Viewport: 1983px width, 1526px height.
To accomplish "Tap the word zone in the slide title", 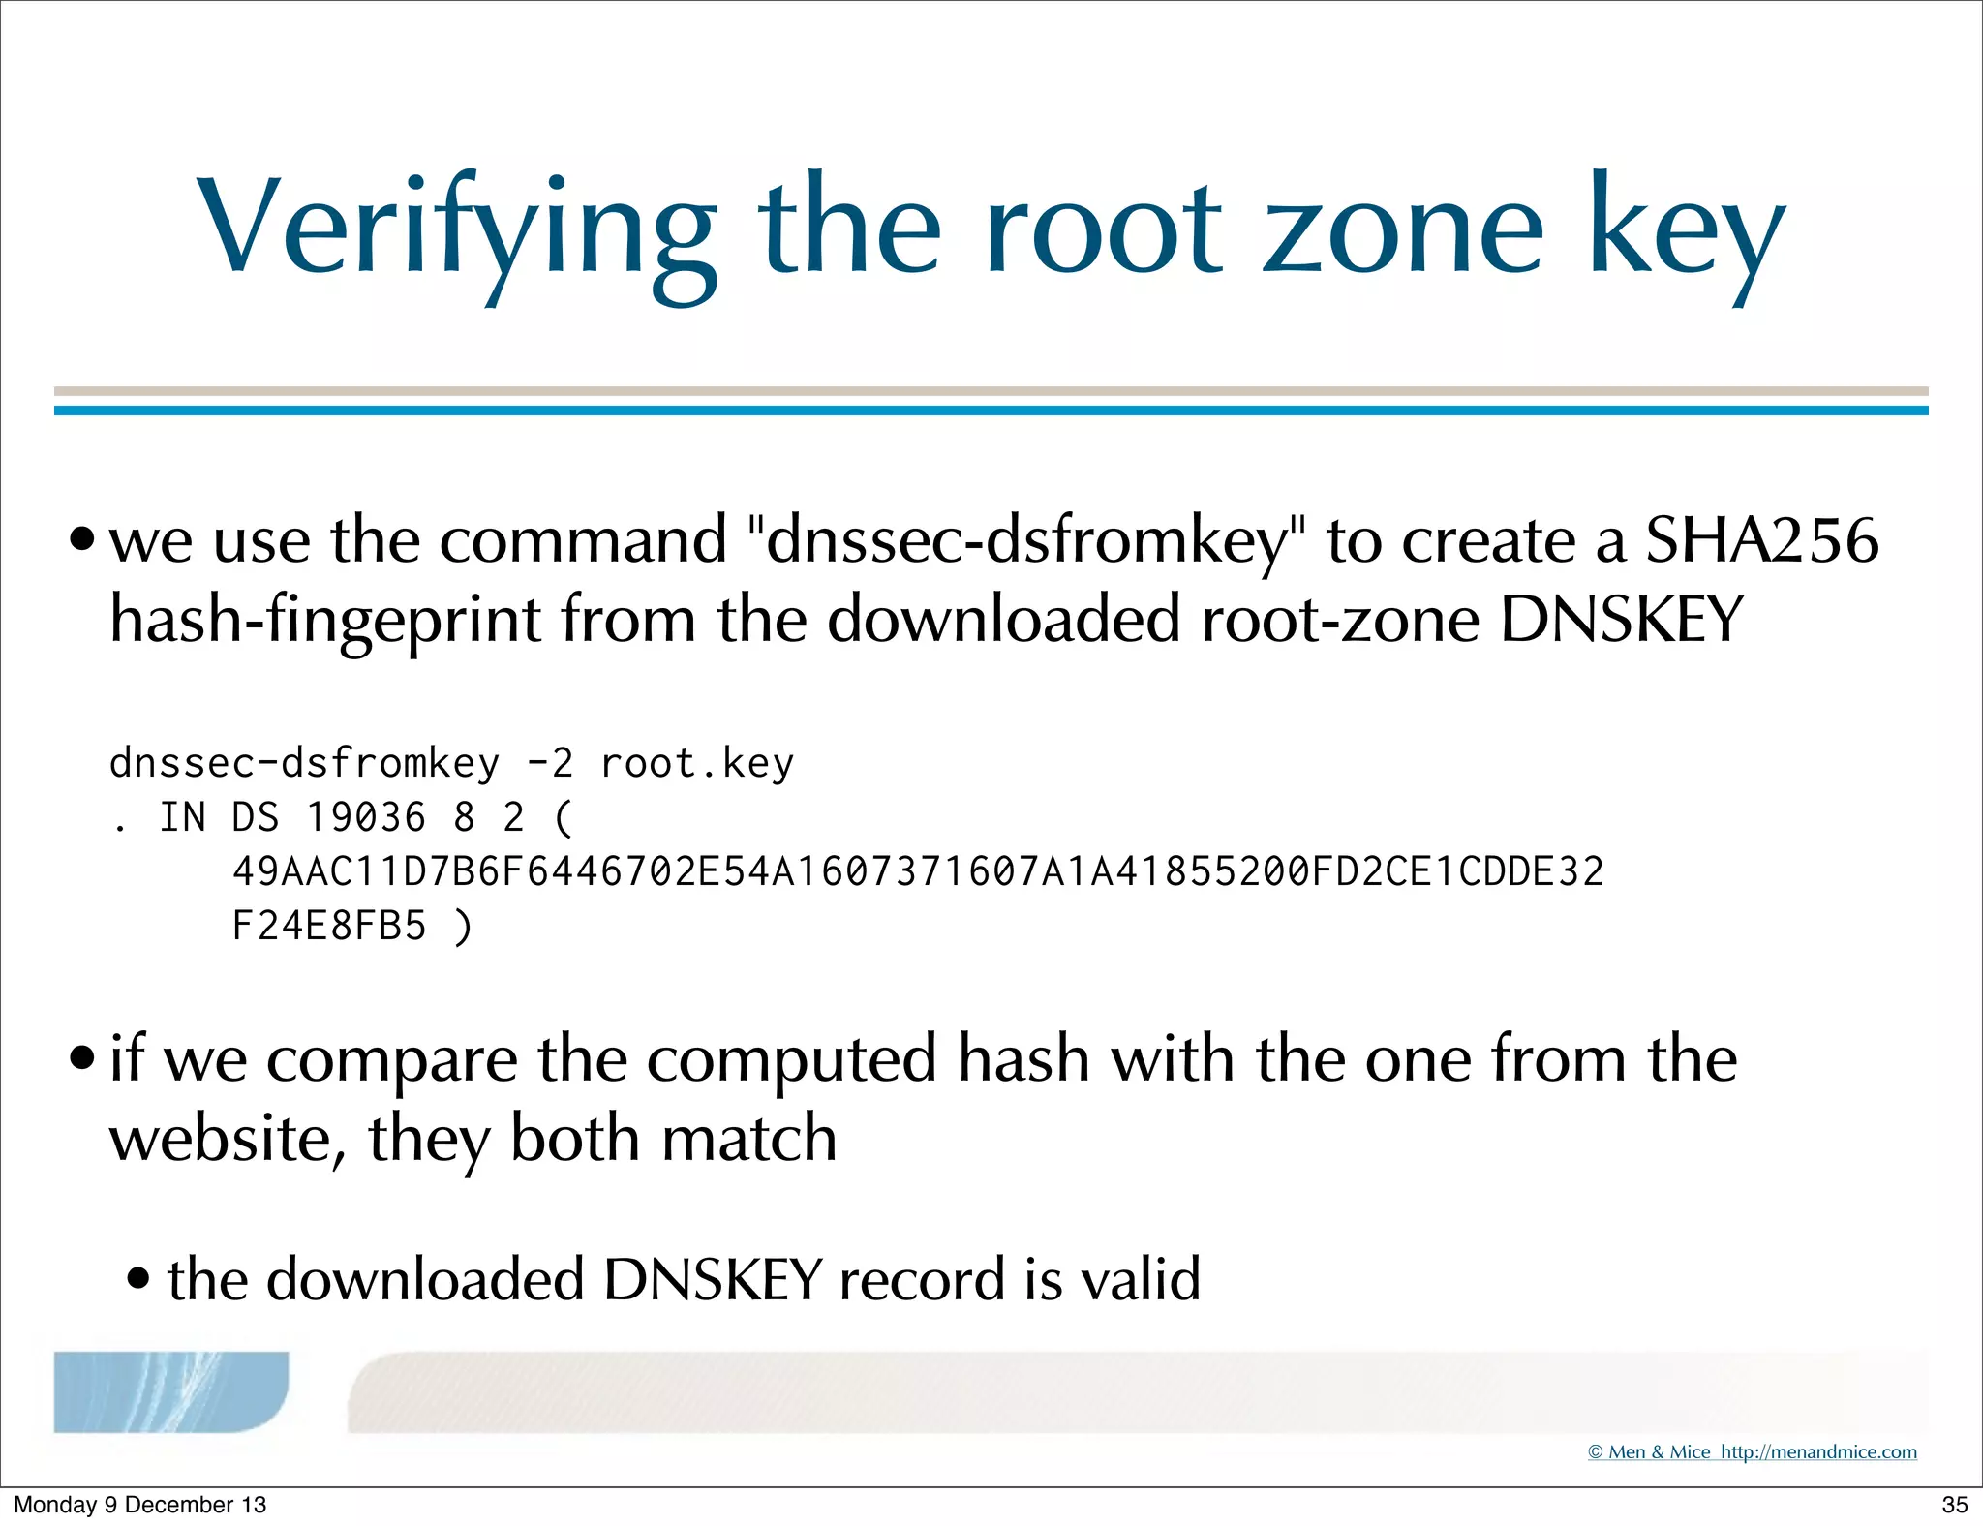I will [1402, 232].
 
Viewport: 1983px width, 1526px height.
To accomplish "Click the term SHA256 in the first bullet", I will [1762, 540].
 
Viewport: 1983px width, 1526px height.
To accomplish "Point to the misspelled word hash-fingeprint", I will [325, 620].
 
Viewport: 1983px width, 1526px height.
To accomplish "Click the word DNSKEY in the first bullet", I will [1622, 620].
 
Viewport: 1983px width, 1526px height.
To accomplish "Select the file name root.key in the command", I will [697, 764].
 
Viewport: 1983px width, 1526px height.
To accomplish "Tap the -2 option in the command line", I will [550, 764].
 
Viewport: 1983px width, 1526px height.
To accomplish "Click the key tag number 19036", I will [366, 818].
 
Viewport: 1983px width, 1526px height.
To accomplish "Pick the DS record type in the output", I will [256, 818].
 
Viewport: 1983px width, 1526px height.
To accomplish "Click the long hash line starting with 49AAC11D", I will [918, 872].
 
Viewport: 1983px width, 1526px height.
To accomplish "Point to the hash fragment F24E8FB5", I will [329, 927].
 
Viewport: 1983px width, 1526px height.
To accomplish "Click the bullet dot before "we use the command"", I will [83, 537].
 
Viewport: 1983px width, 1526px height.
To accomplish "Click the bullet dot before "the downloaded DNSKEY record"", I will [139, 1278].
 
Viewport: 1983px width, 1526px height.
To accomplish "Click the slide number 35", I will [1954, 1505].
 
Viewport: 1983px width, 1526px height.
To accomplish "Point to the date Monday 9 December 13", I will [139, 1505].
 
